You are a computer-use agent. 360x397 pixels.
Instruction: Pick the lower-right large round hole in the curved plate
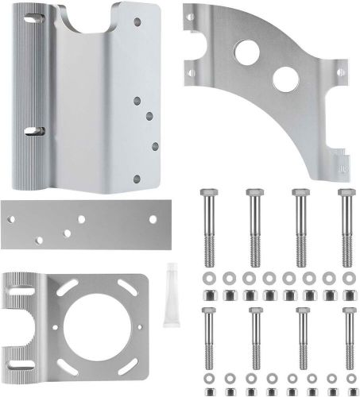(282, 80)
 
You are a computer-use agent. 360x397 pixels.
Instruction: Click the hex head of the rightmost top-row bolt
(346, 195)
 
